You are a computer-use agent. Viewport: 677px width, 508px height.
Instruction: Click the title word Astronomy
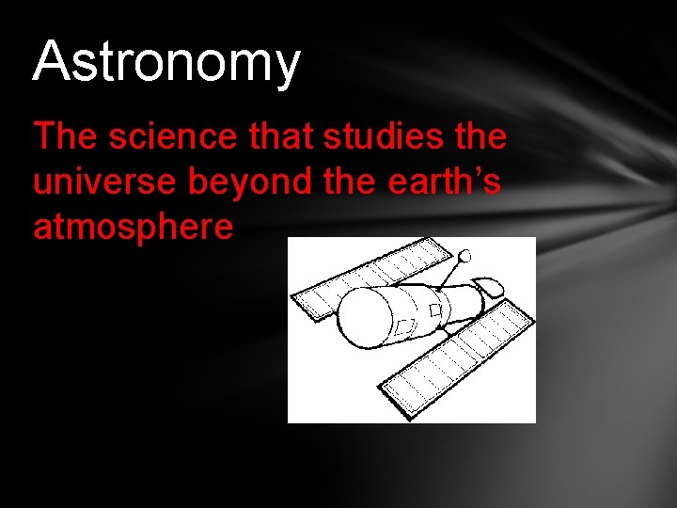pos(166,62)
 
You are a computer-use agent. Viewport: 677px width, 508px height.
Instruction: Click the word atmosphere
pos(133,227)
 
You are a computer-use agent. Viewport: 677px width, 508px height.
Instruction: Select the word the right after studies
pos(480,137)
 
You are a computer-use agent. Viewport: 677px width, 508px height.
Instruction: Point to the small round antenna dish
pos(464,254)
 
